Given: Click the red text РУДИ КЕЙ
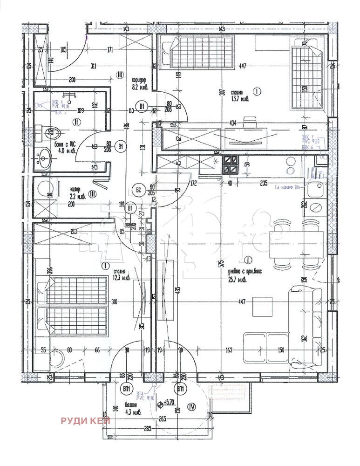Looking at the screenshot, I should point(85,421).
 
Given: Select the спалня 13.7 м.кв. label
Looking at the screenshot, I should point(240,96).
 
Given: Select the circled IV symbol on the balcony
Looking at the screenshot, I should point(191,406).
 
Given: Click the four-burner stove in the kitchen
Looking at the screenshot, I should point(232,165).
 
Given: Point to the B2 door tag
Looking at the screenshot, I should point(138,189).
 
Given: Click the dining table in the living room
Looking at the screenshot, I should point(296,243).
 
